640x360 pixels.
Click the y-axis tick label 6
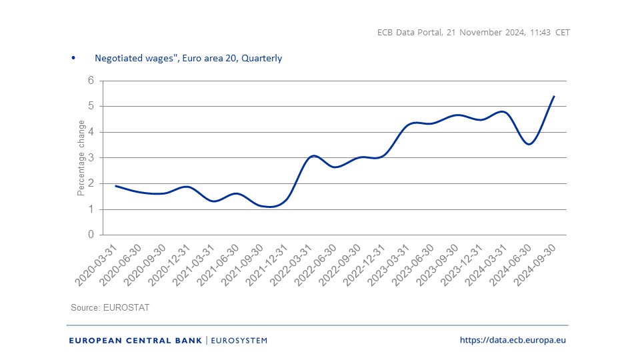click(91, 81)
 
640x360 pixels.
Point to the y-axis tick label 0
click(91, 235)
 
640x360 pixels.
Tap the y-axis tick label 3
click(91, 158)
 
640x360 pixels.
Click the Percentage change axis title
click(81, 158)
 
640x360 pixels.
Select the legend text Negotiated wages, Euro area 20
click(188, 58)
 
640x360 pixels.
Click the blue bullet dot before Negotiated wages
click(73, 58)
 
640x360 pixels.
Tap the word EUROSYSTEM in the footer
click(239, 341)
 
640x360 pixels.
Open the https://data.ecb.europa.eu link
click(513, 341)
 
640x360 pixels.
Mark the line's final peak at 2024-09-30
click(554, 96)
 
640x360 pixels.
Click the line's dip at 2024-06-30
click(529, 144)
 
